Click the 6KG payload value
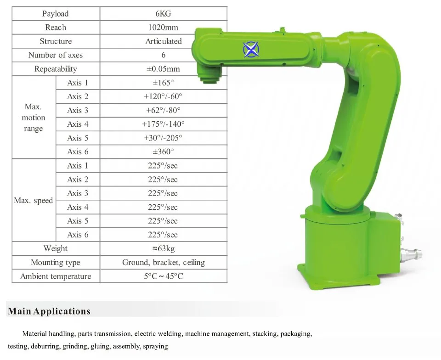[x=163, y=14]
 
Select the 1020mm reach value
[x=163, y=28]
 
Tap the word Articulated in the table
[x=164, y=41]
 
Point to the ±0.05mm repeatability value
[x=163, y=69]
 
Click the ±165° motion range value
[x=163, y=83]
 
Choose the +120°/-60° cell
[x=163, y=96]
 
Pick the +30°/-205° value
[x=163, y=138]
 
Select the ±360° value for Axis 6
[x=163, y=152]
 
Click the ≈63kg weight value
[x=164, y=249]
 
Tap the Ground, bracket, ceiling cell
[x=164, y=263]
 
